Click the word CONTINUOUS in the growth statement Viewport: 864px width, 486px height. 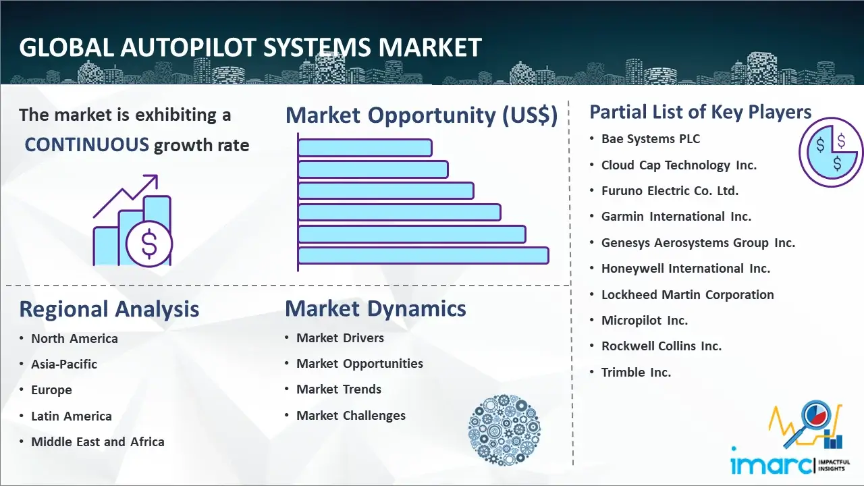[x=87, y=145]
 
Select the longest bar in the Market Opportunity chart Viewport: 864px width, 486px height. [x=423, y=256]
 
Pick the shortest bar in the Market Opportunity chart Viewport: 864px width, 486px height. [x=365, y=148]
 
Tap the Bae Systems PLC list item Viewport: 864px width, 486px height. [x=650, y=139]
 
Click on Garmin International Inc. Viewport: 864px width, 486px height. [x=676, y=217]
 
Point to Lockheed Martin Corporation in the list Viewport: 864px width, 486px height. [x=687, y=295]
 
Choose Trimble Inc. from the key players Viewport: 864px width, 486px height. [x=636, y=372]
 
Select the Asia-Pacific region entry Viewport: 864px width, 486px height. [x=64, y=364]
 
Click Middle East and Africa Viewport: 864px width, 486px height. [x=98, y=441]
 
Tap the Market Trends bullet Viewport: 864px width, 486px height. [x=339, y=389]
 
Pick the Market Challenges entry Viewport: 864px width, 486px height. [x=350, y=415]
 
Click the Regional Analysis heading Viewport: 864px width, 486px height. [x=109, y=309]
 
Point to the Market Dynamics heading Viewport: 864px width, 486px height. [x=375, y=308]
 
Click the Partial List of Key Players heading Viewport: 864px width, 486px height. [x=701, y=112]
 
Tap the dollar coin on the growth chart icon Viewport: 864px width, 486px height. [x=149, y=244]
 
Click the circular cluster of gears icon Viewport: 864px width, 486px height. [x=504, y=430]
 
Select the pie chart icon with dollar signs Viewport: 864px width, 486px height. [x=831, y=153]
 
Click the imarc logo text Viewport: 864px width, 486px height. [x=771, y=464]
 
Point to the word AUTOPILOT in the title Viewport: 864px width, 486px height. [x=188, y=48]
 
